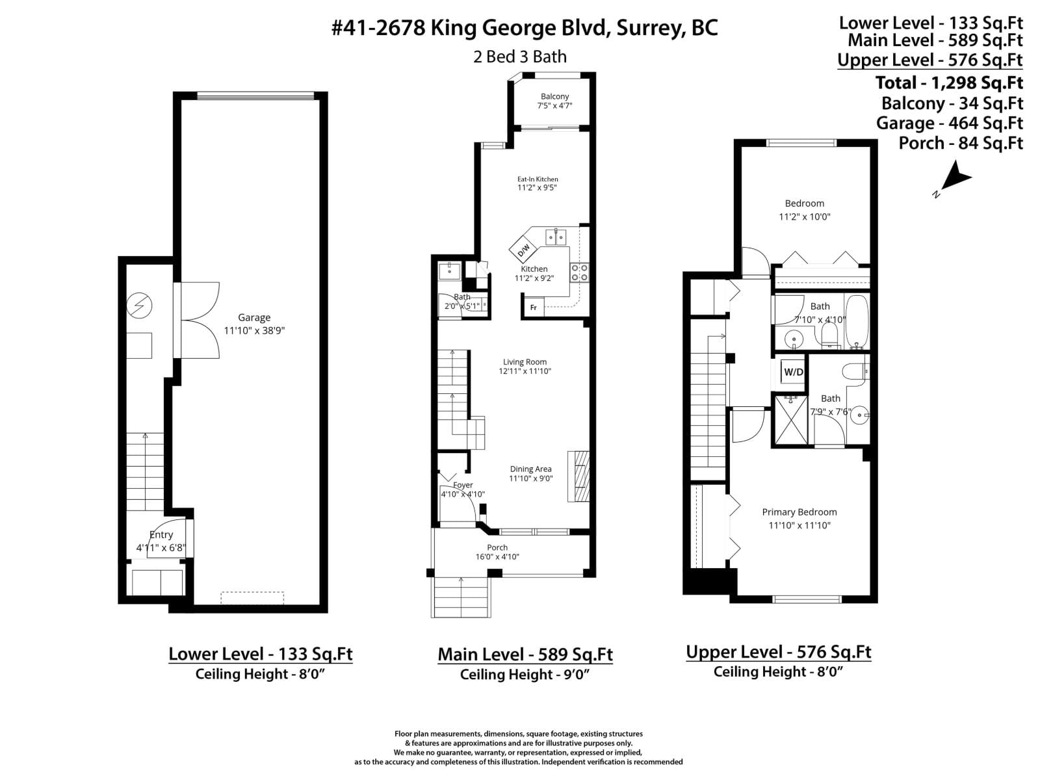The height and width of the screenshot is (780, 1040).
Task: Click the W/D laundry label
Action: (x=793, y=372)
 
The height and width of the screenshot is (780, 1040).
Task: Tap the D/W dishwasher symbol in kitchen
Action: (x=523, y=250)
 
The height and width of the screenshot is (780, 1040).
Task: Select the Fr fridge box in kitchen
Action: (x=534, y=307)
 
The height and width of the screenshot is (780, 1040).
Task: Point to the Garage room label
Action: (x=254, y=318)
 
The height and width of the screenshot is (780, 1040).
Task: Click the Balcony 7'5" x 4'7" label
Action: (x=554, y=101)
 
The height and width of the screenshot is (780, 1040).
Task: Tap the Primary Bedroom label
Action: (x=799, y=512)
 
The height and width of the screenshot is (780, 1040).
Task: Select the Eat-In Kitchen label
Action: (x=538, y=179)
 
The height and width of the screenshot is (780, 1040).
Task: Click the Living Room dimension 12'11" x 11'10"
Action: (x=525, y=371)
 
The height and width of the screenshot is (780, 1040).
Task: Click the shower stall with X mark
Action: (x=790, y=421)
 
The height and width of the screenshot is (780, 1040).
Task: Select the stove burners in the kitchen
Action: (x=579, y=272)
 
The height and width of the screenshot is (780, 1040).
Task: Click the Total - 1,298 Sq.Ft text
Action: (x=949, y=83)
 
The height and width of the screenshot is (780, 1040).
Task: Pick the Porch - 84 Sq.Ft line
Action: (x=960, y=143)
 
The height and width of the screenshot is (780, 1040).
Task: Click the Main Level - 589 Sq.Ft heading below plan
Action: (x=525, y=654)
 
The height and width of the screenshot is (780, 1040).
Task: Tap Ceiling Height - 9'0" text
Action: (x=525, y=675)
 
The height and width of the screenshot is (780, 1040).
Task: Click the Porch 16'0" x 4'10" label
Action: (x=497, y=552)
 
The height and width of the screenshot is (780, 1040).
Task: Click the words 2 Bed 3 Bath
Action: (x=520, y=57)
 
